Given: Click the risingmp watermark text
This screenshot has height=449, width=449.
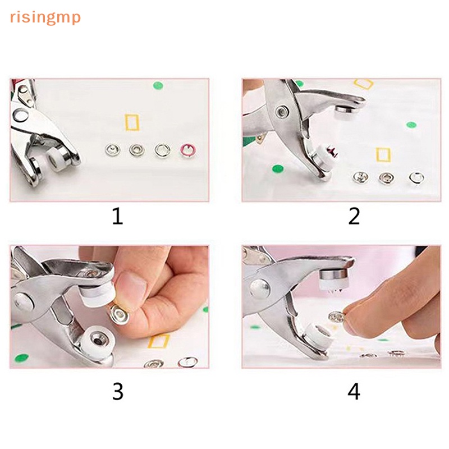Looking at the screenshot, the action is pyautogui.click(x=45, y=18).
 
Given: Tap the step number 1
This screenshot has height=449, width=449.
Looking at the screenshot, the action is pyautogui.click(x=117, y=216).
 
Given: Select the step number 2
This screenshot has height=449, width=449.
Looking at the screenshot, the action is pyautogui.click(x=354, y=216).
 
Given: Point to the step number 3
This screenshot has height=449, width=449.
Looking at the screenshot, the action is pyautogui.click(x=118, y=391).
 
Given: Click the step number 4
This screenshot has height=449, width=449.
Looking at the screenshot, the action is pyautogui.click(x=354, y=391).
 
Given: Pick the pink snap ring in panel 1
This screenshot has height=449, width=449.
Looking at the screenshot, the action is pyautogui.click(x=187, y=150).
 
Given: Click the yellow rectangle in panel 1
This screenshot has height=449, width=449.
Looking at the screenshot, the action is pyautogui.click(x=132, y=122).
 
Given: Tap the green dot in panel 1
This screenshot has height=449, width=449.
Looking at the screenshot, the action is pyautogui.click(x=158, y=85).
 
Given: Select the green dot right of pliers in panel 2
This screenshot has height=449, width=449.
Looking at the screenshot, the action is pyautogui.click(x=411, y=125).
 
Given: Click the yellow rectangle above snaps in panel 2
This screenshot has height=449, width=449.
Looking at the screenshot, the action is pyautogui.click(x=383, y=155).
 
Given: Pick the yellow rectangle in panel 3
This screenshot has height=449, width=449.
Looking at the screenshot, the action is pyautogui.click(x=158, y=341).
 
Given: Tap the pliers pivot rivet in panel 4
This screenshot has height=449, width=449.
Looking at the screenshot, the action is pyautogui.click(x=259, y=288).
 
